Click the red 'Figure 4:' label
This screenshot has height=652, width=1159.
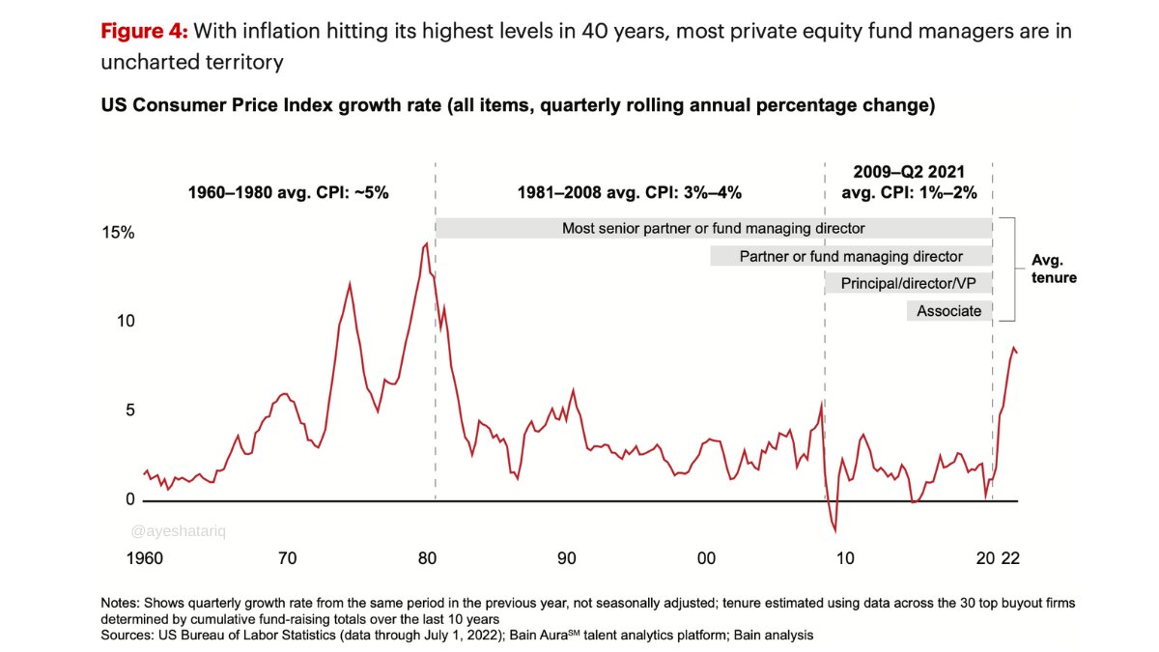pos(144,31)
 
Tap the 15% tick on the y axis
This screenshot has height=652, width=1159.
pos(121,234)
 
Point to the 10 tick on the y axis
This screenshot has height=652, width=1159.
pos(126,322)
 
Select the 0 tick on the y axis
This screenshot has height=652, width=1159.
pos(129,499)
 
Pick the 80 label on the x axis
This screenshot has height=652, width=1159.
pos(426,558)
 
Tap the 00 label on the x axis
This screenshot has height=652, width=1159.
pos(706,558)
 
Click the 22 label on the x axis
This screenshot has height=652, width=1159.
pos(1010,558)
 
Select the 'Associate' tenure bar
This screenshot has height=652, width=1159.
pos(948,311)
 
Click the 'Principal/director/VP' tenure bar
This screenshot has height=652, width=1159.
pos(908,283)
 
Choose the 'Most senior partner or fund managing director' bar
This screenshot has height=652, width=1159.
pos(713,229)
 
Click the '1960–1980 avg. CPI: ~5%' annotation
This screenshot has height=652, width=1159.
pos(288,192)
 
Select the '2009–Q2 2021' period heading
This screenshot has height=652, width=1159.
pos(909,172)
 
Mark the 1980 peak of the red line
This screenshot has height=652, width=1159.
pos(426,243)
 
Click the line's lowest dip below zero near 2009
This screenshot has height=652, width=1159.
pos(834,530)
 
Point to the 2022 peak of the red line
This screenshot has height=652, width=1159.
pos(1012,347)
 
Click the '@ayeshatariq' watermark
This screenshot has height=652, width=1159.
pos(171,530)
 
